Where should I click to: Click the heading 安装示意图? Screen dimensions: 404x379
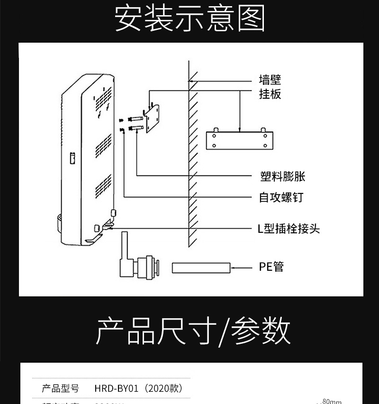point(189,19)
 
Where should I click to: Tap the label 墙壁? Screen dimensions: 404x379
point(270,79)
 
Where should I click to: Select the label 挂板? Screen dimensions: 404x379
point(270,94)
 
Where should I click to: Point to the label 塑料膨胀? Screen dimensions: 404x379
point(283,177)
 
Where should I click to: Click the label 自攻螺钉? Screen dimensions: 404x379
point(281,197)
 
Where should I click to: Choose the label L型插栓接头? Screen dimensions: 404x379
point(289,229)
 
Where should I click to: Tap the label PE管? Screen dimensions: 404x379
point(271,267)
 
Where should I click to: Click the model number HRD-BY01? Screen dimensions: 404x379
point(117,389)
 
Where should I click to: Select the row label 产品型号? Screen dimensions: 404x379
point(61,389)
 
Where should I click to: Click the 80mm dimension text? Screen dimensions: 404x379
point(332,402)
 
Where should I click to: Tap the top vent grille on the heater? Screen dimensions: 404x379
point(102,100)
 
